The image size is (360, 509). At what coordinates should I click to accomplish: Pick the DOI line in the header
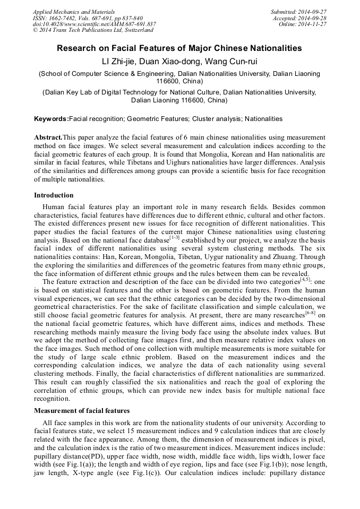pos(94,24)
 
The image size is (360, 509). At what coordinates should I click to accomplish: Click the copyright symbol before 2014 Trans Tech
pos(35,30)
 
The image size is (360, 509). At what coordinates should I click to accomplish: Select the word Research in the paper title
pos(78,48)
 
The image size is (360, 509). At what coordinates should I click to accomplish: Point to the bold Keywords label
pos(52,119)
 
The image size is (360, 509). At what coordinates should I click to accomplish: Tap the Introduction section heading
pos(54,195)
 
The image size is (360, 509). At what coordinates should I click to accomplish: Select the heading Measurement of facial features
pos(81,411)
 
